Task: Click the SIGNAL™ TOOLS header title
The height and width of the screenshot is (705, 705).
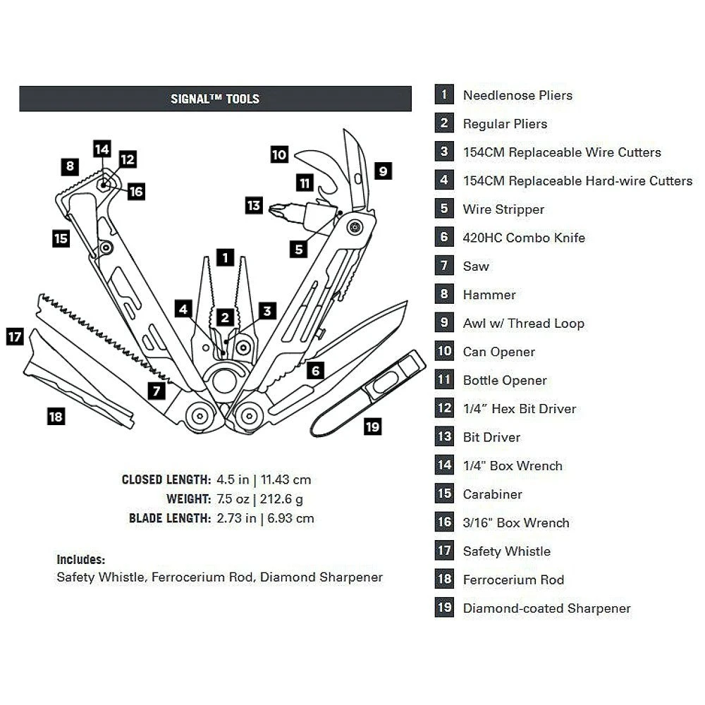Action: (215, 99)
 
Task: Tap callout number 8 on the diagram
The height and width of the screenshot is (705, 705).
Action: (69, 167)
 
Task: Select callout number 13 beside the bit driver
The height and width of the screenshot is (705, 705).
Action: (254, 206)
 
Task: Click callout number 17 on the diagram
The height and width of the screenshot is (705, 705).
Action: (15, 336)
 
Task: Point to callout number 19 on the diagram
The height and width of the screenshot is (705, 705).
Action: (372, 427)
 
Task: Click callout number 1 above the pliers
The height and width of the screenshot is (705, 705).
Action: (225, 257)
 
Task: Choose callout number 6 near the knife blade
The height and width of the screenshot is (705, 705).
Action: (315, 369)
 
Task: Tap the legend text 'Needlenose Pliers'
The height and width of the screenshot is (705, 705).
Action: (517, 95)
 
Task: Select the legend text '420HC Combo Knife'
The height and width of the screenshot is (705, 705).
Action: (524, 238)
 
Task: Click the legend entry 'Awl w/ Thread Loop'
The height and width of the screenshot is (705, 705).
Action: (523, 324)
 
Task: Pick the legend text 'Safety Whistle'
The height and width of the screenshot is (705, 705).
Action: (506, 551)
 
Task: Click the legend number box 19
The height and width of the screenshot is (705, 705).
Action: (444, 608)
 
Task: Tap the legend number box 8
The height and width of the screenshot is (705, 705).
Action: (444, 295)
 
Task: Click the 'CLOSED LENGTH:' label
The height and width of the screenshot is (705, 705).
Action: (166, 480)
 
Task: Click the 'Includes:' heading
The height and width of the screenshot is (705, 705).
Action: (80, 560)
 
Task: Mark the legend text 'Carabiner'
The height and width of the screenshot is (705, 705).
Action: (492, 494)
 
